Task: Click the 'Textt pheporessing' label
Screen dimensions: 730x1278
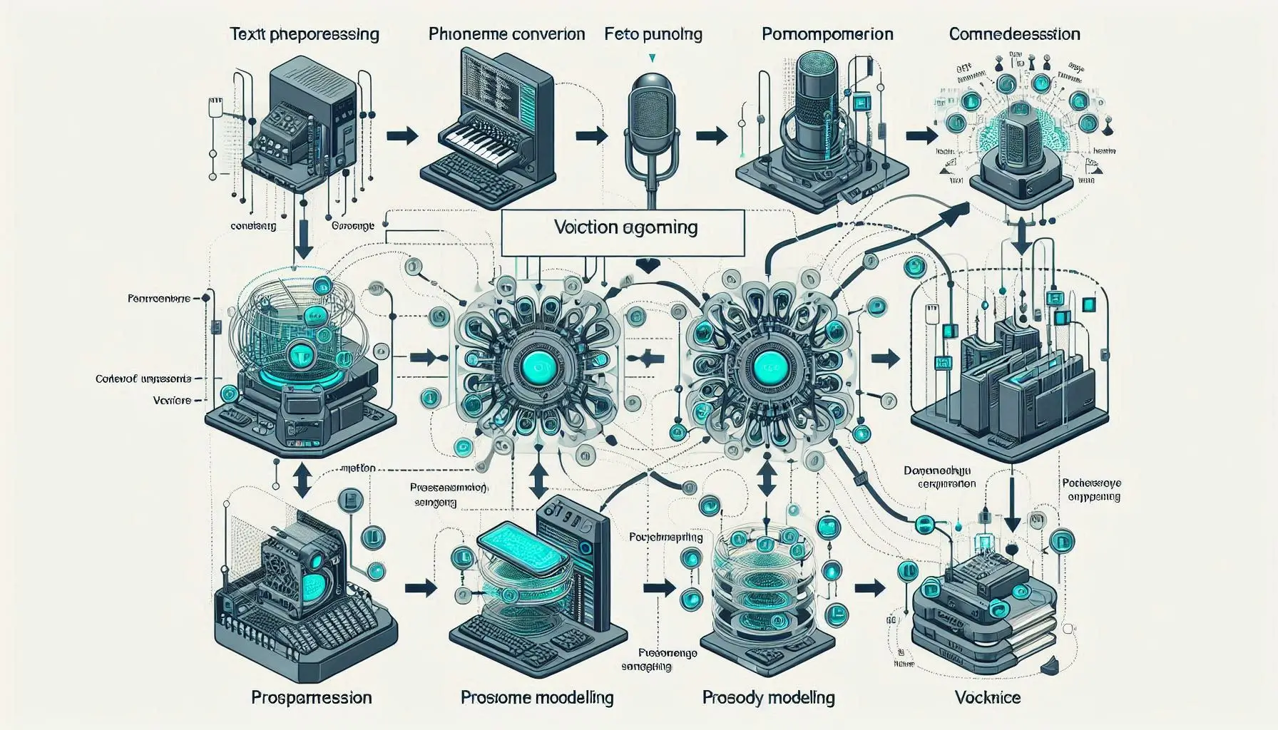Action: tap(304, 34)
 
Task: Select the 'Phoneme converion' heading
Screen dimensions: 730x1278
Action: tap(506, 34)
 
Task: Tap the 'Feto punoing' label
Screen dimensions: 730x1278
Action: tap(653, 34)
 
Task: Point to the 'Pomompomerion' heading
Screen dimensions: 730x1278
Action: tap(827, 34)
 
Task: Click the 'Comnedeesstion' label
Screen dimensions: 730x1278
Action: tap(1014, 34)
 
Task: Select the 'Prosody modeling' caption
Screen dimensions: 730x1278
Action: tap(768, 697)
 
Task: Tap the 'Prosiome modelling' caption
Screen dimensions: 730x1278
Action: tap(537, 697)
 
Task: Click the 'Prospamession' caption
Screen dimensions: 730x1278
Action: tap(312, 697)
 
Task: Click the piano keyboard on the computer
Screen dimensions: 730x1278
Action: tap(471, 139)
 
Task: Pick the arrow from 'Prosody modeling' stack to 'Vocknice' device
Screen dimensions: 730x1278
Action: tap(869, 588)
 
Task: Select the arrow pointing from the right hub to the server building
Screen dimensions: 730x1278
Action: tap(886, 359)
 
